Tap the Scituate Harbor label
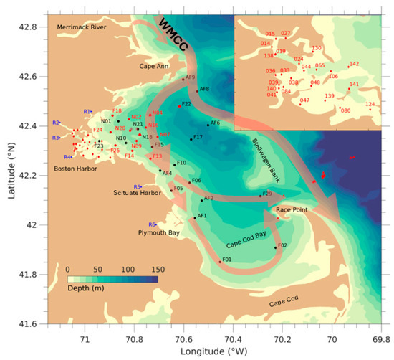tap(139, 193)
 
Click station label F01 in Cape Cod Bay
tap(226, 258)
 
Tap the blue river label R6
tap(153, 224)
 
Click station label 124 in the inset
tap(370, 105)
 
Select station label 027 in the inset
tap(286, 34)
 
